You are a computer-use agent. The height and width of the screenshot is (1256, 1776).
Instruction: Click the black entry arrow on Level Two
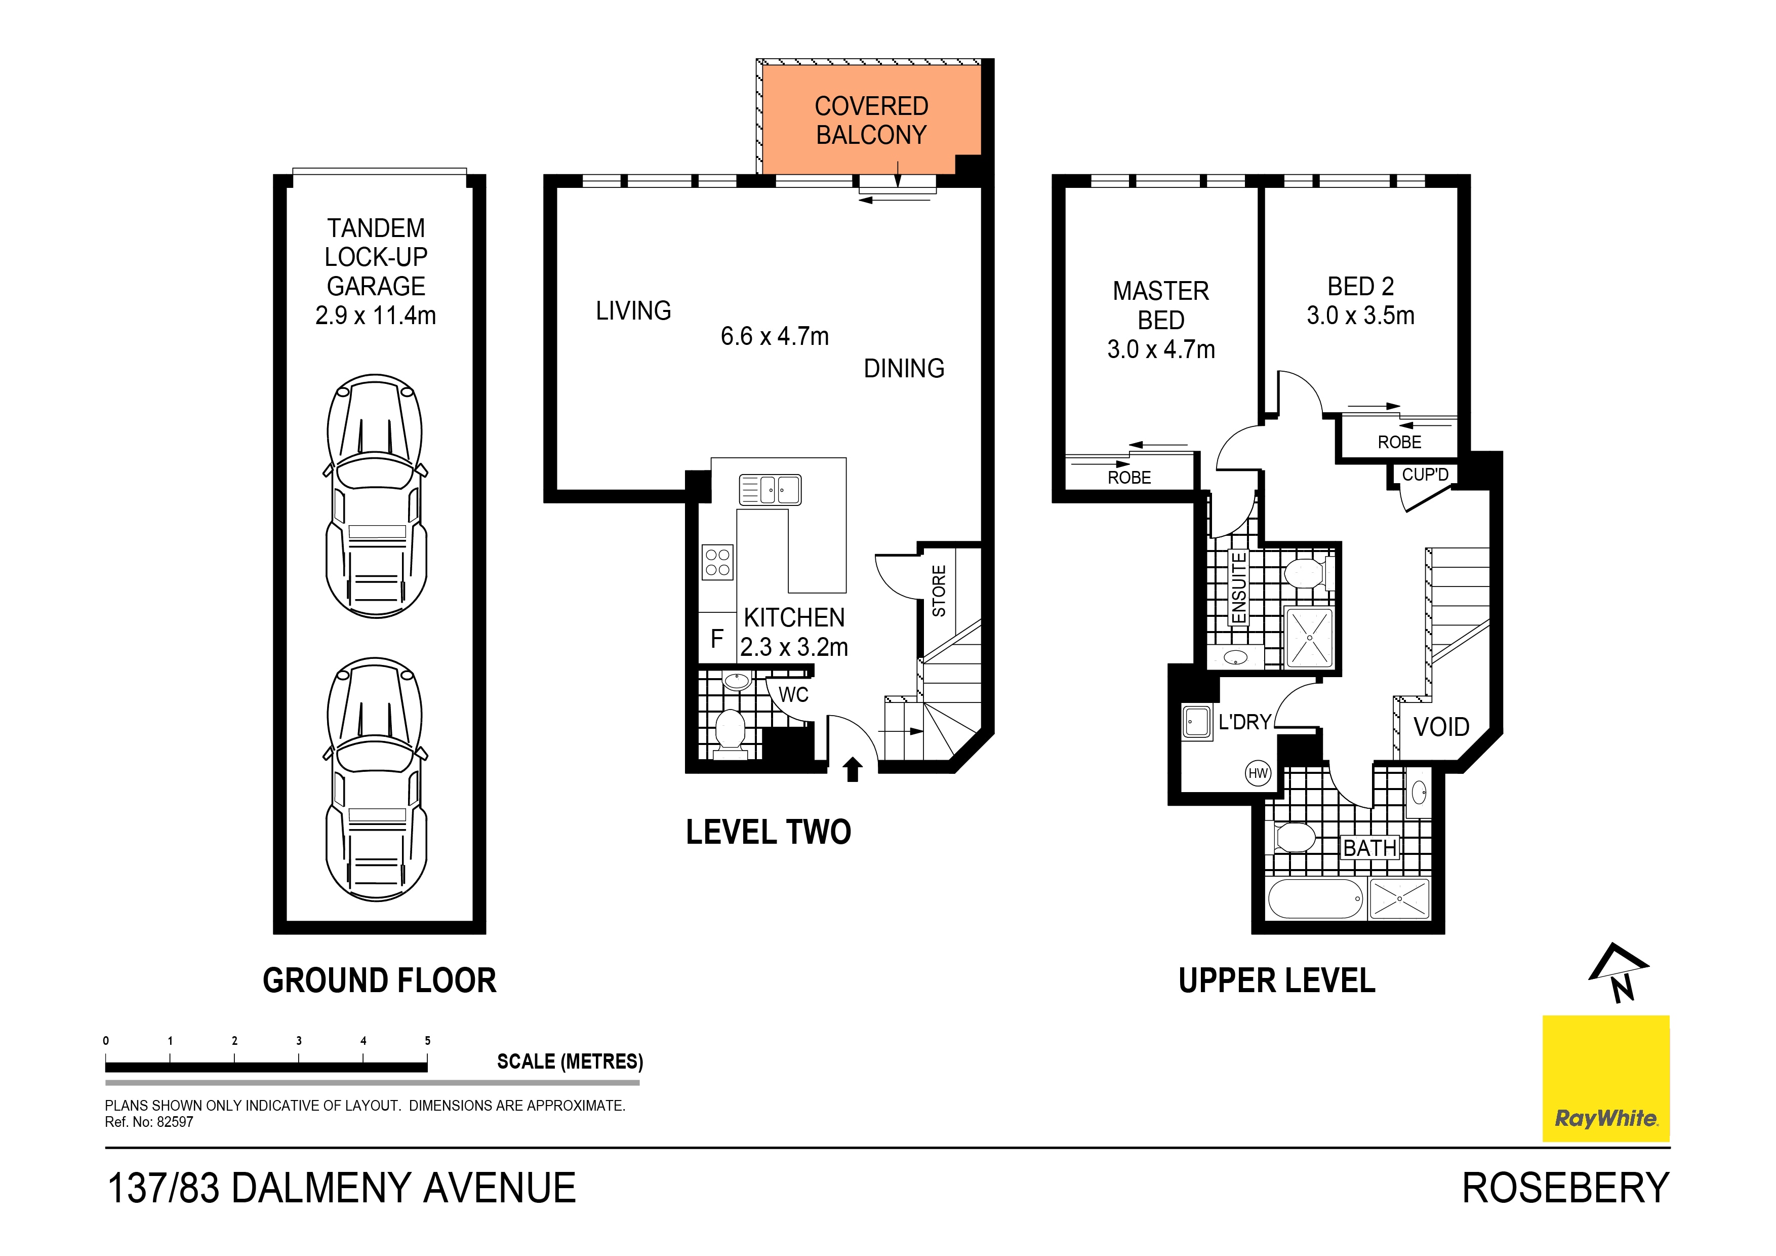[853, 769]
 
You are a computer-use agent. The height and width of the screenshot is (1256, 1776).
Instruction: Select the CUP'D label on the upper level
[1425, 475]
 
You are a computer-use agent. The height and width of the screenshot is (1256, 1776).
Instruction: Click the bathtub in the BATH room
[1315, 898]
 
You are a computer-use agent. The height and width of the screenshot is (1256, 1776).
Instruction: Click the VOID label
[1441, 727]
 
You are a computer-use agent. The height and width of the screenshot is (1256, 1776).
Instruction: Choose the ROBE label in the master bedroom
[1129, 478]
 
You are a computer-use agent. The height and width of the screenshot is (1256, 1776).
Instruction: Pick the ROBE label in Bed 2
[1399, 442]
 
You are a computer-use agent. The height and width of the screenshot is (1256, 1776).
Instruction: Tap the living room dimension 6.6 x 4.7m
[774, 336]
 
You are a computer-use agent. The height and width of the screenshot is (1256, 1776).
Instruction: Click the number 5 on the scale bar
[427, 1041]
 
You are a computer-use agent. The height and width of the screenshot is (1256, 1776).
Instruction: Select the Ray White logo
[1606, 1078]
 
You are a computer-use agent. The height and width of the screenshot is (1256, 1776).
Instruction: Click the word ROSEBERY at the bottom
[1565, 1188]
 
